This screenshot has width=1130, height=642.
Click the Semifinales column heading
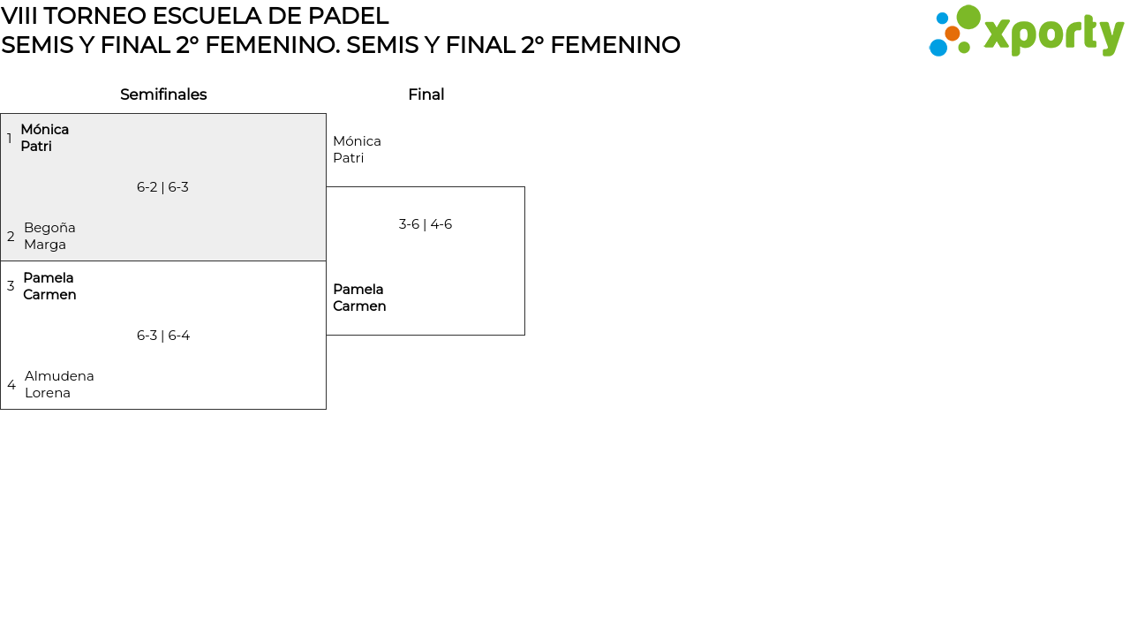pyautogui.click(x=163, y=94)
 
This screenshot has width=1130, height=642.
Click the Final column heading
pyautogui.click(x=426, y=94)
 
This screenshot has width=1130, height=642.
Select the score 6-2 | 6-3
pyautogui.click(x=162, y=187)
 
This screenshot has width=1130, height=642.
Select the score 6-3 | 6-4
pyautogui.click(x=163, y=336)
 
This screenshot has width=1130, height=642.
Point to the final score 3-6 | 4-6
pyautogui.click(x=425, y=224)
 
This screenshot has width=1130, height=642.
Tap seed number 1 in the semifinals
pyautogui.click(x=10, y=139)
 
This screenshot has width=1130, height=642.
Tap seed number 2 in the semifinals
pyautogui.click(x=11, y=237)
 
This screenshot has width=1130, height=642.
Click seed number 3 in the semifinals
pyautogui.click(x=11, y=286)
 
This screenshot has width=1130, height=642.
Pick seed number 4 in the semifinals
pyautogui.click(x=11, y=385)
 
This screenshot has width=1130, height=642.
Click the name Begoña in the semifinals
pyautogui.click(x=49, y=228)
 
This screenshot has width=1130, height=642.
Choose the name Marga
pyautogui.click(x=45, y=245)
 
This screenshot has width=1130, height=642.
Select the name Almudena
pyautogui.click(x=59, y=376)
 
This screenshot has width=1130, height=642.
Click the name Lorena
pyautogui.click(x=48, y=393)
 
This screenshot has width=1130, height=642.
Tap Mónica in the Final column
pyautogui.click(x=357, y=141)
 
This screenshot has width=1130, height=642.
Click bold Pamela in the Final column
pyautogui.click(x=358, y=290)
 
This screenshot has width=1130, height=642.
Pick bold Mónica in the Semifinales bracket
pyautogui.click(x=44, y=130)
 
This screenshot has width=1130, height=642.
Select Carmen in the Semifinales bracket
pyautogui.click(x=49, y=295)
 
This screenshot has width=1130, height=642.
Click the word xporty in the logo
pyautogui.click(x=1053, y=34)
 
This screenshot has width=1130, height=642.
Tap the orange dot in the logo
pyautogui.click(x=953, y=34)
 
